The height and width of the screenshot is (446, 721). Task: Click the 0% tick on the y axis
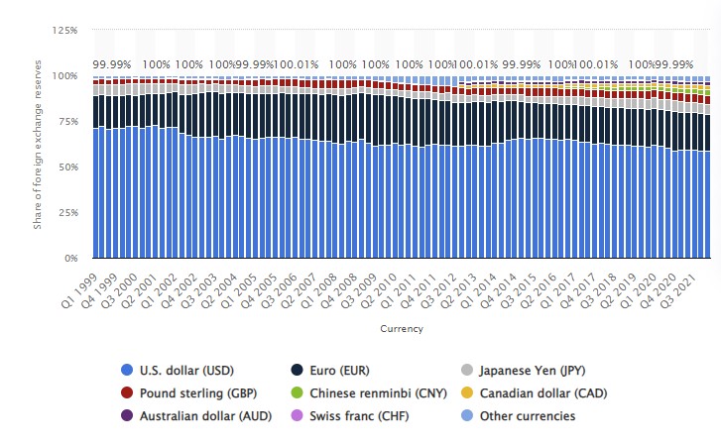(71, 258)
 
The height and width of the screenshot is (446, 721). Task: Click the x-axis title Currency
(402, 327)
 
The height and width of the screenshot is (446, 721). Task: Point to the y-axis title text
(38, 144)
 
